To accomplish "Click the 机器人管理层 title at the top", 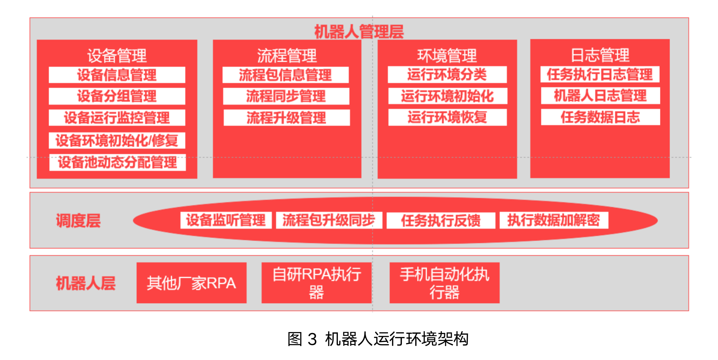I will pyautogui.click(x=359, y=32).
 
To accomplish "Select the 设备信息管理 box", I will pyautogui.click(x=117, y=75).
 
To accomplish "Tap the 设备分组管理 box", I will pyautogui.click(x=117, y=96).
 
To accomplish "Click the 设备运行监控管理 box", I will pyautogui.click(x=117, y=118).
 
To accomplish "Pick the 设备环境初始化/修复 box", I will pyautogui.click(x=117, y=140).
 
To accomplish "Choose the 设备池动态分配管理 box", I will pyautogui.click(x=117, y=162).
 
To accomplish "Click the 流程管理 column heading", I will pyautogui.click(x=287, y=56).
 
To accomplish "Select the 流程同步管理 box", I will pyautogui.click(x=286, y=96).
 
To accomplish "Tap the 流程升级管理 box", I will pyautogui.click(x=286, y=118).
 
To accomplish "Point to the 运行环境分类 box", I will pyautogui.click(x=447, y=75).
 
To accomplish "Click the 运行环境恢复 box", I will pyautogui.click(x=447, y=117).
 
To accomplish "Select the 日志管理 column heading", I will pyautogui.click(x=600, y=55).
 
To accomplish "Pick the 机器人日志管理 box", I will pyautogui.click(x=600, y=96).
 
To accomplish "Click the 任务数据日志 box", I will pyautogui.click(x=600, y=117).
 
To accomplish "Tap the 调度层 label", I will pyautogui.click(x=78, y=221).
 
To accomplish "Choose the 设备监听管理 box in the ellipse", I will pyautogui.click(x=226, y=220).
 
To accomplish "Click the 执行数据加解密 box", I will pyautogui.click(x=554, y=220).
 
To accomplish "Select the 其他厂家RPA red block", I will pyautogui.click(x=191, y=283).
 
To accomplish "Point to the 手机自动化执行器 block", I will pyautogui.click(x=444, y=283).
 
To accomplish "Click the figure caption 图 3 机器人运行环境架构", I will pyautogui.click(x=378, y=339).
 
